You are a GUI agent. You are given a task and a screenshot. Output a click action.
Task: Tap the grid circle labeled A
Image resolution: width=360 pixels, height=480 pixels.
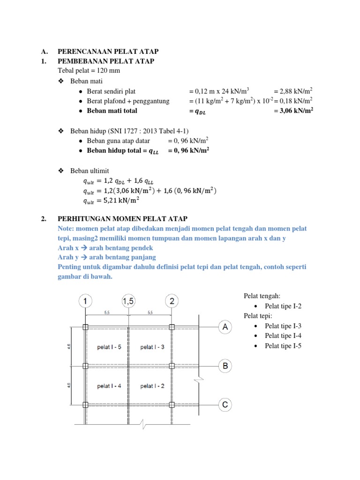pos(225,327)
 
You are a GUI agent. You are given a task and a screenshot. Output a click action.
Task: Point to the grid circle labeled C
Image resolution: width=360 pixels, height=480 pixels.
pos(225,405)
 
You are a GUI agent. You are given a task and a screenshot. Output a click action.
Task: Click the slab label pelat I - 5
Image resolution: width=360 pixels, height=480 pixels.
pos(109,347)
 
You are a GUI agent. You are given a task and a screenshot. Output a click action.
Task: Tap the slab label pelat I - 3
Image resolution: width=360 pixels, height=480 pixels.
pos(152,347)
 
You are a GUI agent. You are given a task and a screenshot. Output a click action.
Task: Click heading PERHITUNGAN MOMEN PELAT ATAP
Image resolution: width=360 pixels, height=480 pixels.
pos(122,219)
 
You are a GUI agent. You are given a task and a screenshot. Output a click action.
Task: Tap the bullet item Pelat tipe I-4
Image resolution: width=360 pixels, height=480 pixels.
pos(283,336)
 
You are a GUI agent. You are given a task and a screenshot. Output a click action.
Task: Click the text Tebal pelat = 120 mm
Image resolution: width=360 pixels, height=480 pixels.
pos(89,71)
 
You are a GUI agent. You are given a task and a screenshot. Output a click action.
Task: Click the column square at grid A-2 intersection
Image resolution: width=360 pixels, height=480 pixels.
pos(172,327)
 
